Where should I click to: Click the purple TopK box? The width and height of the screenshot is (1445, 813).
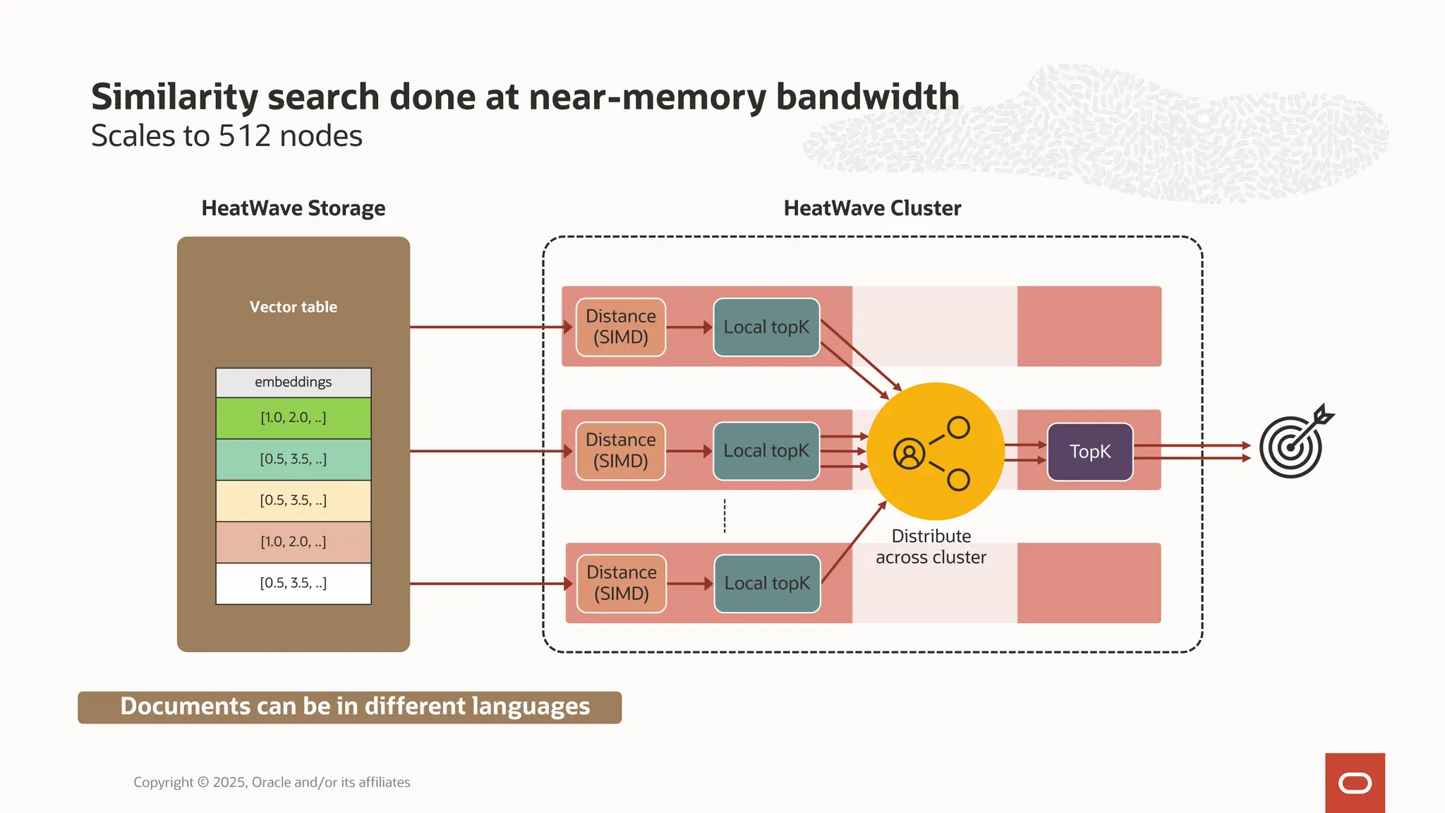coord(1090,452)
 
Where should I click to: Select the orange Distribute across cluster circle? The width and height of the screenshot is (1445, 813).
coord(935,452)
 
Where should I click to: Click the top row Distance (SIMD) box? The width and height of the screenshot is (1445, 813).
coord(621,327)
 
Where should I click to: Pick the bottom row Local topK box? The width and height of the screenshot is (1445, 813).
coord(767,584)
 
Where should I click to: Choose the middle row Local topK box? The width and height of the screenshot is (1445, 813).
coord(766,451)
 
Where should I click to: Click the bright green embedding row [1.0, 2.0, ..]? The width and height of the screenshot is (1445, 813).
coord(294,418)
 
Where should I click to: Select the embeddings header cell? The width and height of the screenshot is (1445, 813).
coord(294,383)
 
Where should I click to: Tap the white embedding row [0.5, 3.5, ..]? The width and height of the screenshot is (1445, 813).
coord(294,583)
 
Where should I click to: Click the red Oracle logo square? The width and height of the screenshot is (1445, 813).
coord(1355,783)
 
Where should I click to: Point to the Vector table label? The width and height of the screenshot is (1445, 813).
coord(294,307)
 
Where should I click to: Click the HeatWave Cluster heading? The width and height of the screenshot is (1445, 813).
coord(872,208)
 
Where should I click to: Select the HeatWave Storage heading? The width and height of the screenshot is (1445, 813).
coord(294,208)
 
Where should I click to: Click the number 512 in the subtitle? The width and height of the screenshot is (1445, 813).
coord(245,136)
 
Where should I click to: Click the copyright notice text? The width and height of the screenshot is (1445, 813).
coord(272,782)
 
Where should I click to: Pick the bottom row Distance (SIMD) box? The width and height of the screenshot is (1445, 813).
coord(622,584)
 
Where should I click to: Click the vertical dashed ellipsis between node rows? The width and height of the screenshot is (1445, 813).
coord(725,516)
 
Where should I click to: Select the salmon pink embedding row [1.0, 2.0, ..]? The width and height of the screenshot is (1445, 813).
coord(294,542)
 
